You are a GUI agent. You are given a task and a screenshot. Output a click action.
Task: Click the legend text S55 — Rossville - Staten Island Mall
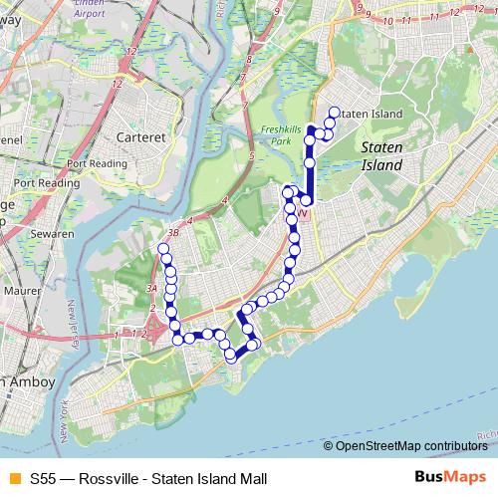(148, 478)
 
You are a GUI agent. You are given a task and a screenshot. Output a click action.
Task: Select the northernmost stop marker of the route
(334, 113)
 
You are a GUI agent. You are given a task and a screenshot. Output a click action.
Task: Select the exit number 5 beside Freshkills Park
(251, 156)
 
